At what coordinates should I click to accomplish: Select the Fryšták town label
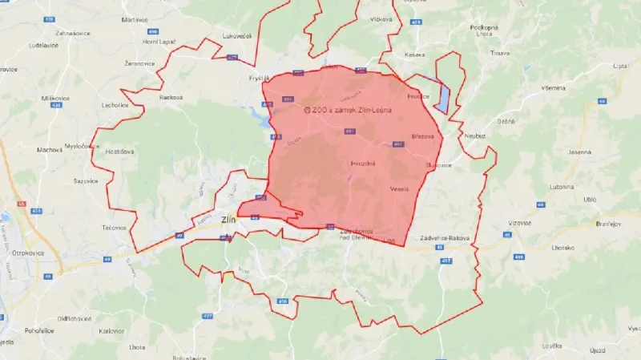260,78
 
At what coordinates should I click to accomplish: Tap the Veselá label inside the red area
399,188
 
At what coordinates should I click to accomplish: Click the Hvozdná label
363,163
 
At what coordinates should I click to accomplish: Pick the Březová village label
422,136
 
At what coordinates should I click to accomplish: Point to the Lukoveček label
239,36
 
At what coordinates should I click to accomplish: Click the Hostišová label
119,151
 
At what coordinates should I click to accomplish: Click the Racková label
171,98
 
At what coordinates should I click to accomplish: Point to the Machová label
50,149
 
